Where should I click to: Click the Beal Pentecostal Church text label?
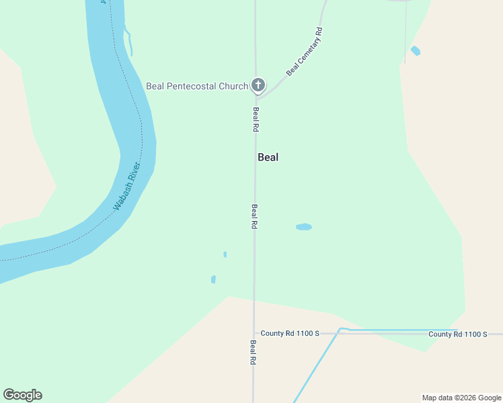tap(197, 86)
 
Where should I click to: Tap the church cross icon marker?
tap(258, 85)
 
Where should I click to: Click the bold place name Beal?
tap(268, 157)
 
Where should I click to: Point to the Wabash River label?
tap(126, 186)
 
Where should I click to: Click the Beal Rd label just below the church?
tap(256, 119)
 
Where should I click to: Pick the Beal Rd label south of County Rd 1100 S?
tap(254, 352)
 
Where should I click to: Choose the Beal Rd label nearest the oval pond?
tap(255, 217)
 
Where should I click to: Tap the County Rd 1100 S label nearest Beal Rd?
tap(290, 333)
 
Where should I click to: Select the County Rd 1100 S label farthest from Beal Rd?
tap(457, 334)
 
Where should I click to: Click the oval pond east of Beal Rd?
tap(304, 227)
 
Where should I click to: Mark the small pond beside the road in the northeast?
tap(416, 50)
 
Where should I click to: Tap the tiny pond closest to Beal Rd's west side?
tap(225, 255)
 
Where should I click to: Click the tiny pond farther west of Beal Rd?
tap(213, 279)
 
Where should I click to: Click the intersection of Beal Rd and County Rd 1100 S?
tap(254, 333)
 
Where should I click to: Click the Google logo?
tap(22, 395)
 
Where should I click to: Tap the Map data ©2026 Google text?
tap(461, 398)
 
